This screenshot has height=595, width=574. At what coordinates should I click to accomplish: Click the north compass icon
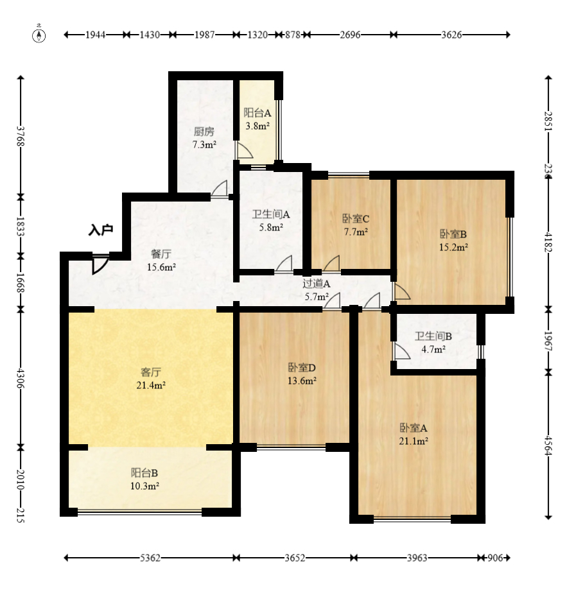click(39, 34)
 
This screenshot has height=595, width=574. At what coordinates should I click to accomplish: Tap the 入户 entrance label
click(101, 230)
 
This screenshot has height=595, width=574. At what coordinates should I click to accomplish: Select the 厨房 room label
click(204, 132)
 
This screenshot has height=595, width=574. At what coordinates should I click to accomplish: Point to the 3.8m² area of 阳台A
click(257, 126)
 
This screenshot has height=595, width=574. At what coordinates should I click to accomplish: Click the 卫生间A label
click(271, 214)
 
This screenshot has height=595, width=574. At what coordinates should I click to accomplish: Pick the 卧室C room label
click(356, 219)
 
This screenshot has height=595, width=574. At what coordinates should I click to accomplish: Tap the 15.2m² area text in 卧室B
click(453, 247)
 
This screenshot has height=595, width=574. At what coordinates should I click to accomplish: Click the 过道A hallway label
click(317, 284)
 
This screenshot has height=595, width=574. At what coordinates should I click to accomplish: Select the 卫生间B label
click(433, 336)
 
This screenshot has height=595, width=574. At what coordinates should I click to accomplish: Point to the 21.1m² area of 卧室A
click(413, 441)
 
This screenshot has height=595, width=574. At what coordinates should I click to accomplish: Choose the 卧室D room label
click(302, 368)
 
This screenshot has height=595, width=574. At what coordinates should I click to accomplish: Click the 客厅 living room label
click(151, 372)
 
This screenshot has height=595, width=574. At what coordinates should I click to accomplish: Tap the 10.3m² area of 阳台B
click(144, 486)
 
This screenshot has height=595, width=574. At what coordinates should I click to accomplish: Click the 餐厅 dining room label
click(161, 254)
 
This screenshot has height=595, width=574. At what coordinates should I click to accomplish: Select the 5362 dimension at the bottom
click(150, 558)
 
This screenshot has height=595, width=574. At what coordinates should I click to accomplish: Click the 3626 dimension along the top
click(451, 35)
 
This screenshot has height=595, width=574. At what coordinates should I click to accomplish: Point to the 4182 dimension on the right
click(548, 242)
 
